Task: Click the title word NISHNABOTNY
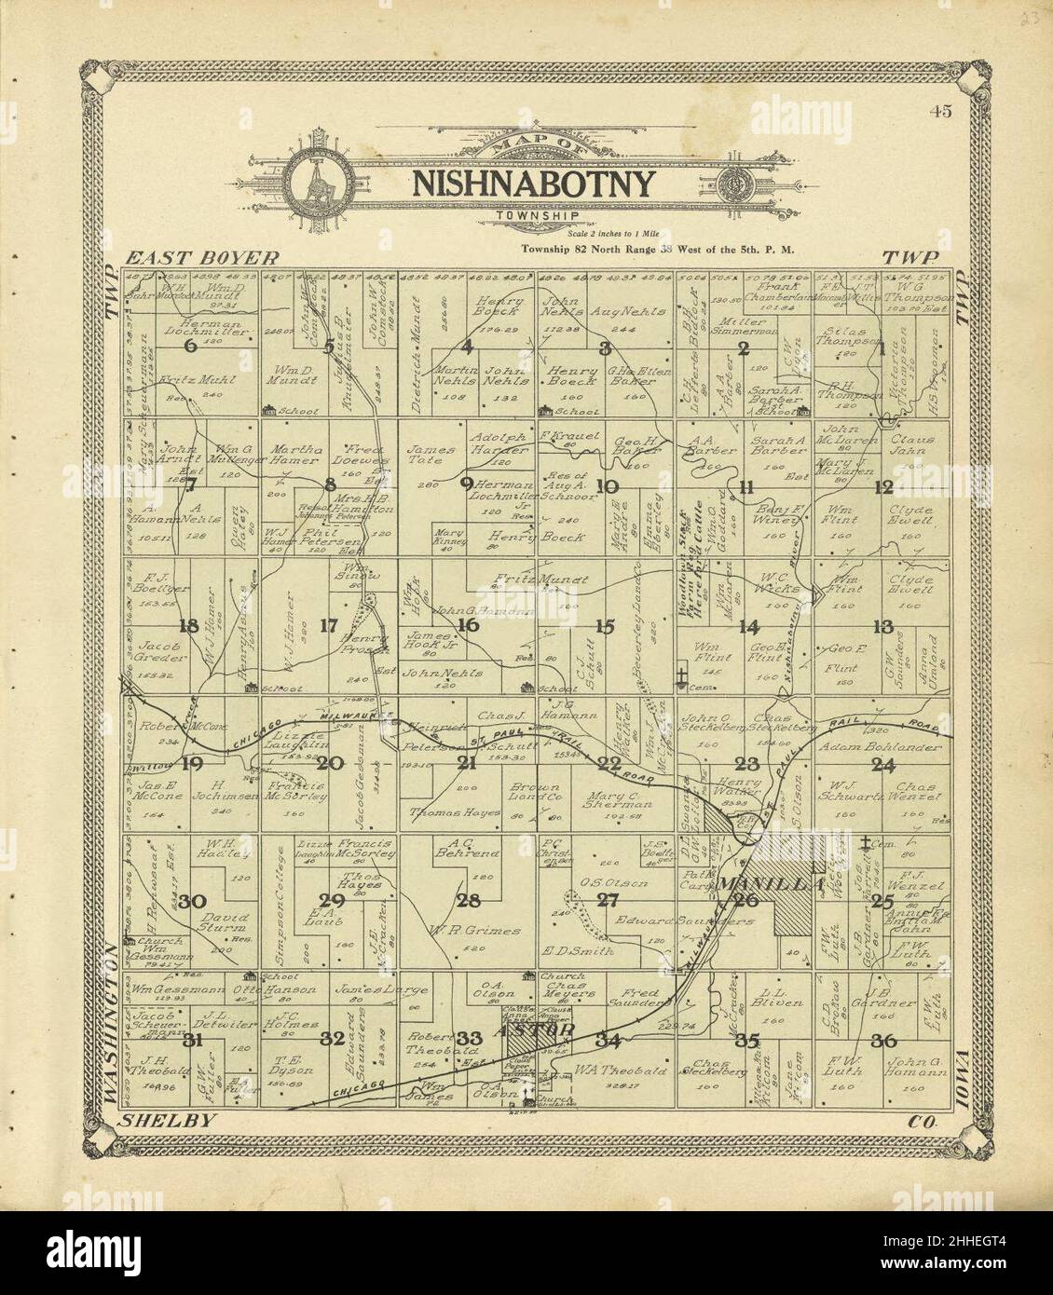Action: pyautogui.click(x=533, y=184)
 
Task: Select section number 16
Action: pyautogui.click(x=467, y=625)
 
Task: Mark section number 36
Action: pyautogui.click(x=882, y=1040)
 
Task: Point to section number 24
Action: pyautogui.click(x=882, y=765)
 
